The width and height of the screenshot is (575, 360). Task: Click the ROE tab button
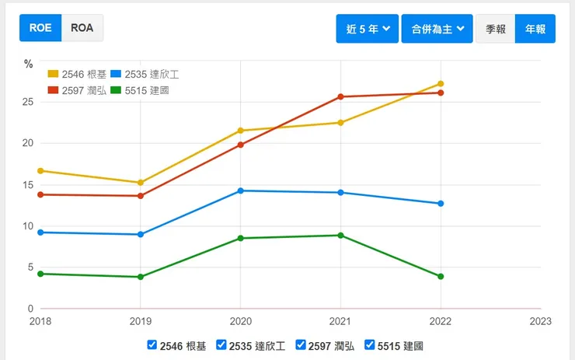tap(40, 28)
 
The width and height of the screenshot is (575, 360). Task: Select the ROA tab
tap(82, 28)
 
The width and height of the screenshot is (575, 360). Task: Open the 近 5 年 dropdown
tap(367, 29)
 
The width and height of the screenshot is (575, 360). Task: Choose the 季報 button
tap(496, 29)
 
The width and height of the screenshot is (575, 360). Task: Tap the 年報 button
tap(535, 29)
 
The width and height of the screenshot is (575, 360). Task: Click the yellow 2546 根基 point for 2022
tap(441, 84)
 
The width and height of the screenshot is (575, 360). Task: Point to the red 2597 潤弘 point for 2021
tap(340, 96)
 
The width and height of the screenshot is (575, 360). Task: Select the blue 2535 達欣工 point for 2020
tap(241, 190)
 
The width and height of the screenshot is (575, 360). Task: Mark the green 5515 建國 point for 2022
tap(441, 277)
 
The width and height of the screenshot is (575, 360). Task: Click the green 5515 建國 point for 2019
tap(141, 277)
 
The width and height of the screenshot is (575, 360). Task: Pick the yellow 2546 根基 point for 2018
tap(40, 170)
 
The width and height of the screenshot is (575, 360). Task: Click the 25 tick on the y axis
tap(27, 102)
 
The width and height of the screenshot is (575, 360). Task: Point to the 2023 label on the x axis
tap(540, 320)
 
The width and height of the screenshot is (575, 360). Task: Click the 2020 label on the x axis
tap(241, 320)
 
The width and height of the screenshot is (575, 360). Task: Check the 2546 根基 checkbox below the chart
tap(152, 344)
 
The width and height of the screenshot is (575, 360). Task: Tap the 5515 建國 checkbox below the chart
tap(370, 344)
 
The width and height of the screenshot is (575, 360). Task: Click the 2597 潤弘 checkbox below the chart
tap(301, 344)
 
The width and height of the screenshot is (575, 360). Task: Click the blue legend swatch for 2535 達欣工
tap(115, 74)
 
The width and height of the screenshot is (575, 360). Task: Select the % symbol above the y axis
tap(28, 64)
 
